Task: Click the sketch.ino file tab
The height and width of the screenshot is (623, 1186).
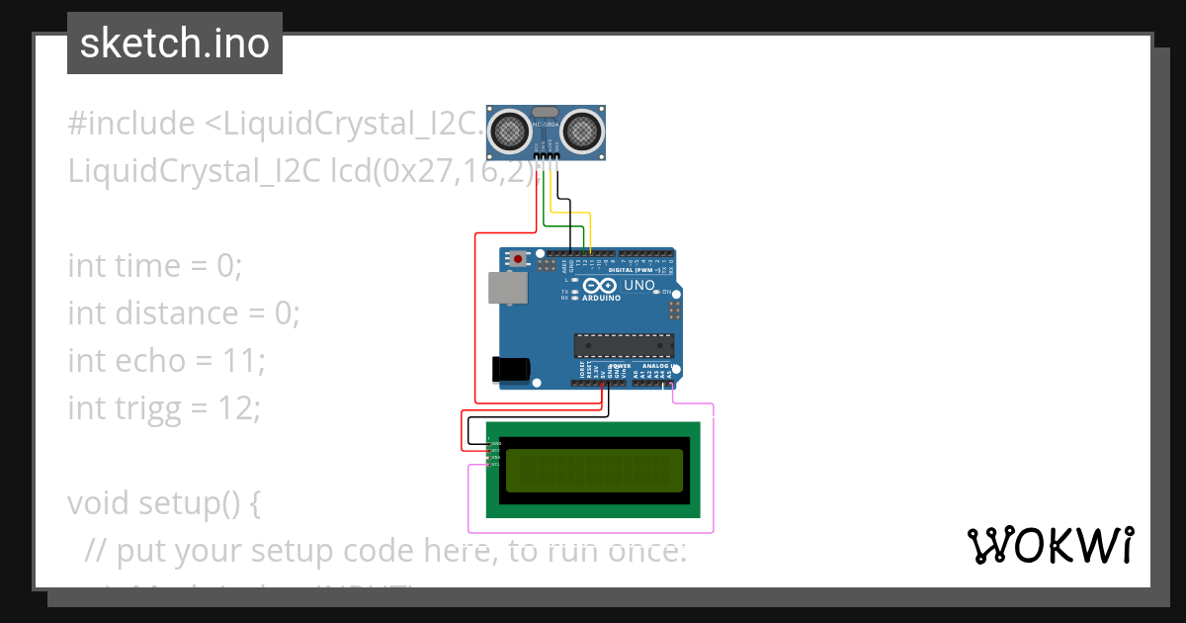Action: pos(175,44)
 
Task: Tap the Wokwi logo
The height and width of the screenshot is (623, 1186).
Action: pos(1050,545)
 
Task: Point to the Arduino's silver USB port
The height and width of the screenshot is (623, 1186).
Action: pos(507,288)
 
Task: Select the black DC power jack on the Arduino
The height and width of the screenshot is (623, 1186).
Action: pos(510,370)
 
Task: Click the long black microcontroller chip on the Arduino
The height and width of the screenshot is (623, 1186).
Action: pos(624,345)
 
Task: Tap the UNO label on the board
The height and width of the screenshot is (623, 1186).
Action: pos(638,285)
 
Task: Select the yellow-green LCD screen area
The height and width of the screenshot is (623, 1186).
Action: pos(593,471)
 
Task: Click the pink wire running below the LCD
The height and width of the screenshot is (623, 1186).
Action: pos(593,532)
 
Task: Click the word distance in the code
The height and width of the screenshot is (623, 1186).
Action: pos(178,313)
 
